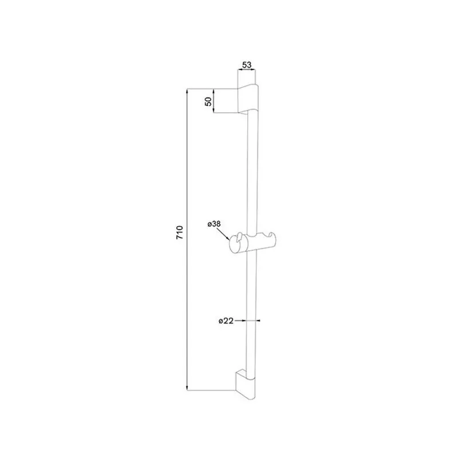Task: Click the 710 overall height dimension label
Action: [x=179, y=232]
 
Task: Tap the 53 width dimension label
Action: [x=247, y=65]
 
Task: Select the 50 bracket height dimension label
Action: [x=208, y=101]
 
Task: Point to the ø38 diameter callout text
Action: [x=214, y=224]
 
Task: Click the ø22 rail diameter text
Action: [x=226, y=321]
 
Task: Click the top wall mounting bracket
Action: [x=248, y=98]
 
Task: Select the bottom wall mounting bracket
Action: [x=246, y=384]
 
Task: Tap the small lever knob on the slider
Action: [x=240, y=237]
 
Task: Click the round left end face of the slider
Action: [x=235, y=243]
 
